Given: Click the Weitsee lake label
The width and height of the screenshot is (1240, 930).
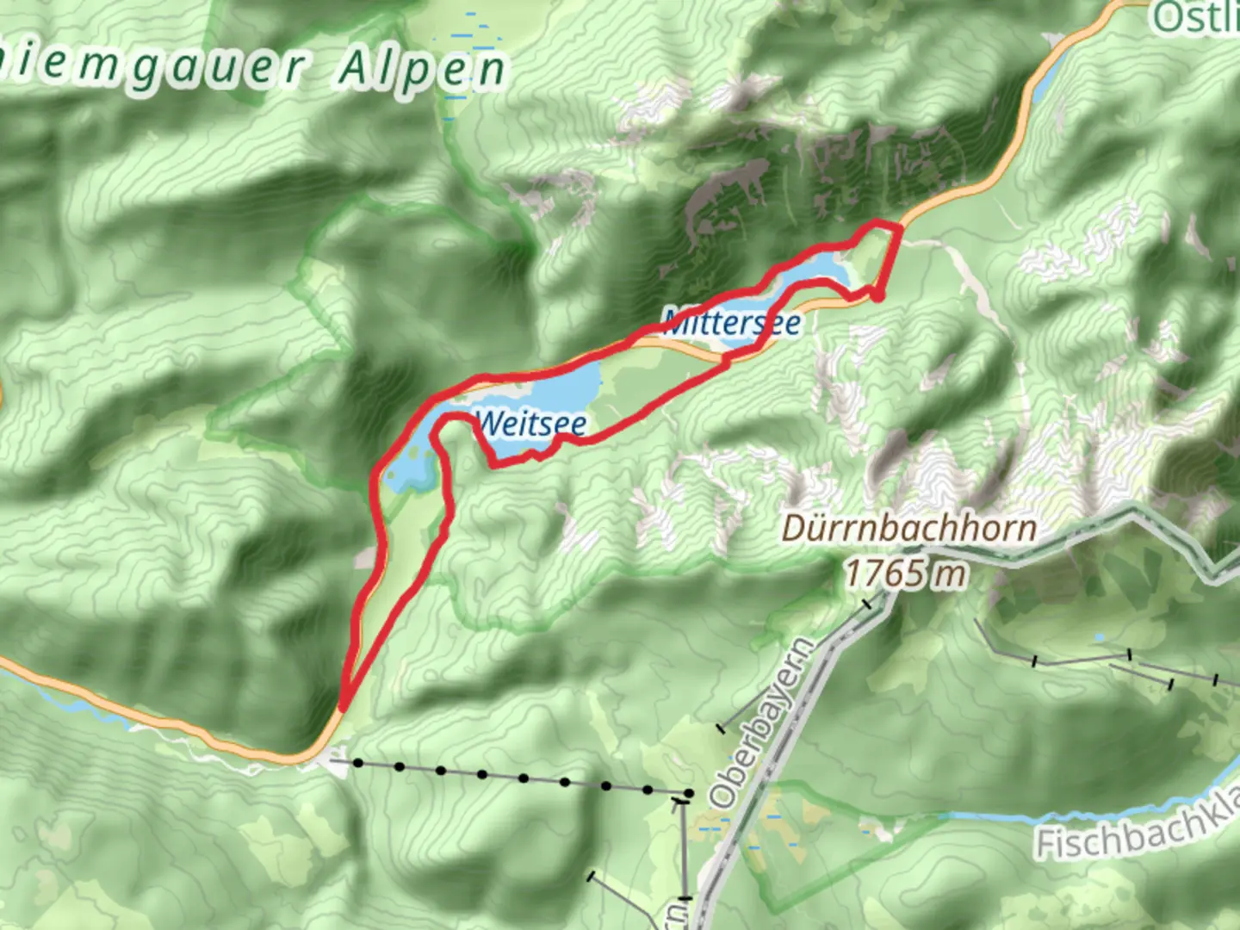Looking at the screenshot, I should tap(531, 424).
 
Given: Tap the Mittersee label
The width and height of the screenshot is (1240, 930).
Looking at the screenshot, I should tap(733, 323).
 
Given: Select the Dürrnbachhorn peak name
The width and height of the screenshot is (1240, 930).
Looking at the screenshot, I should tap(908, 529).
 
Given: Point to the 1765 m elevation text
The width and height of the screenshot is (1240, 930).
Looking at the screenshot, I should tap(905, 573).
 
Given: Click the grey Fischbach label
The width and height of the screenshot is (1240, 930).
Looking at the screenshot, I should tap(1137, 828).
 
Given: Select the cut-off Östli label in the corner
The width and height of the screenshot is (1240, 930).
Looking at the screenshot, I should tap(1197, 17).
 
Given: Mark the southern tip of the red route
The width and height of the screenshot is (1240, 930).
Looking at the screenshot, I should tap(343, 708).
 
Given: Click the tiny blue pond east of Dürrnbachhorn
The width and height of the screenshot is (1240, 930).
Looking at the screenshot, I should tap(1099, 639).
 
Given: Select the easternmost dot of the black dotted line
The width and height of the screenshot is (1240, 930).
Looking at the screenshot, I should tap(688, 792).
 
